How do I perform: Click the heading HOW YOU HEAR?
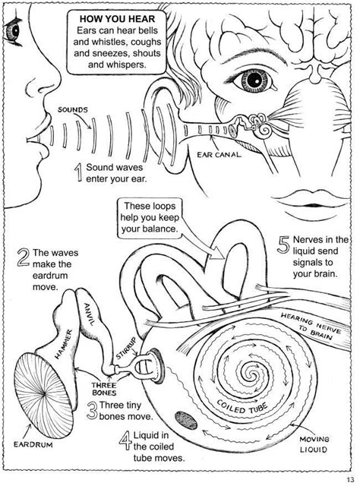pos(117,19)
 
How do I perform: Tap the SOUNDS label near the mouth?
pos(73,109)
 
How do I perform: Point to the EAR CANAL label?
pos(219,154)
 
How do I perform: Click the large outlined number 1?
pos(79,172)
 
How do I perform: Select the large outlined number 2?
pos(24,258)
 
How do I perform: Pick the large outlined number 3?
pos(92,411)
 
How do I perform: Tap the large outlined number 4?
pos(125,441)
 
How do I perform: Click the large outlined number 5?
pos(283,245)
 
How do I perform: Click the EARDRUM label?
pos(33,445)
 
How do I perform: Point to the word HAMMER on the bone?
pos(64,344)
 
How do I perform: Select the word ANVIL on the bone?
pos(89,314)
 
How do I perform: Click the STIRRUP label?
pos(126,348)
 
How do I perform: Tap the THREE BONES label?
pos(104,390)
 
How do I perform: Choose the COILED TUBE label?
pos(242,407)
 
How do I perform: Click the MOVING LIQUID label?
pos(314,444)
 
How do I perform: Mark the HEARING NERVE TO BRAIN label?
pos(310,326)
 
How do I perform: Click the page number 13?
pos(350,479)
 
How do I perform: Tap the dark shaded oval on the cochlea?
pos(186,420)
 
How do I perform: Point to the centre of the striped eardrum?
pos(45,393)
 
